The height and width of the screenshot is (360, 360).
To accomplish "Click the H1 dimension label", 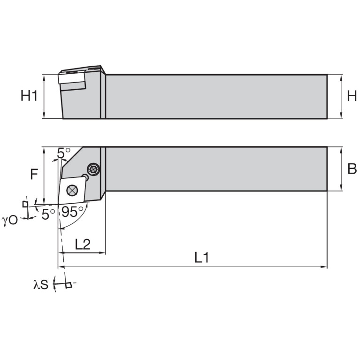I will click(x=29, y=96).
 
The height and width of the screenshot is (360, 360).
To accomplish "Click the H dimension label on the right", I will click(x=352, y=96).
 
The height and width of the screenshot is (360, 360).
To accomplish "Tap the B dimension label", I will click(x=352, y=169).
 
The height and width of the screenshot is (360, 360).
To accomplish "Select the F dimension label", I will click(x=34, y=175).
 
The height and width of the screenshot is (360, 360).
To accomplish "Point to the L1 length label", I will click(x=201, y=257).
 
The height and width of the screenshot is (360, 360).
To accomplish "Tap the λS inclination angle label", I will click(x=41, y=285).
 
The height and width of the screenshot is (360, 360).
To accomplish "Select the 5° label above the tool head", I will click(x=63, y=153).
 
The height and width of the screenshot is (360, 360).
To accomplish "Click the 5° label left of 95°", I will click(x=48, y=214).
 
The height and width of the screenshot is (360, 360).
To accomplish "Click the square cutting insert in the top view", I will click(x=66, y=195).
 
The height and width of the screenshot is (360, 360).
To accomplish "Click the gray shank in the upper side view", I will click(x=216, y=96).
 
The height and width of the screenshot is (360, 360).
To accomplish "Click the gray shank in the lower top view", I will click(x=216, y=169).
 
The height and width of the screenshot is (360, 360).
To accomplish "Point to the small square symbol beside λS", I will click(x=69, y=285).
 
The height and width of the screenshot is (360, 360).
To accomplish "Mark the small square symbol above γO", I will click(x=25, y=204).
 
